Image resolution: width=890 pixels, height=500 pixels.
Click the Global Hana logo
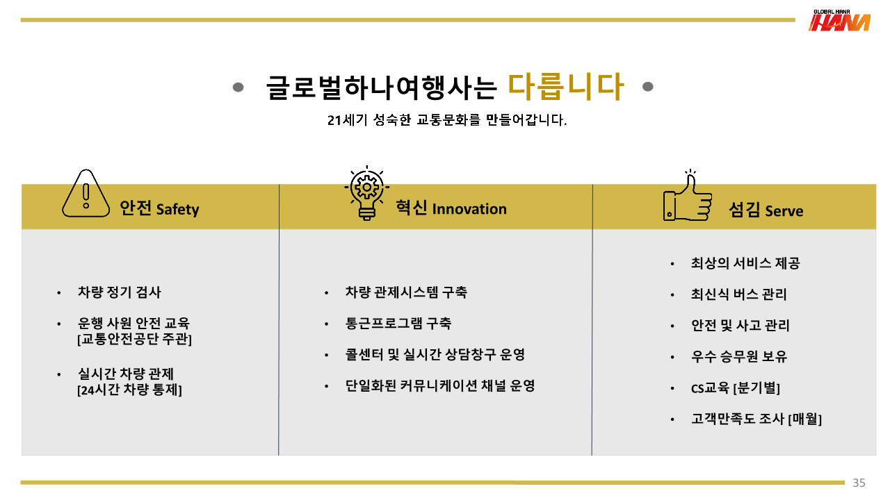coord(839,21)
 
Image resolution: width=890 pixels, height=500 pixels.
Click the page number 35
coord(859,483)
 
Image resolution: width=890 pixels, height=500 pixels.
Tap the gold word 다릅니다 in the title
coord(565,87)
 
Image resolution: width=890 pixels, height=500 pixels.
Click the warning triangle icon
coord(86,193)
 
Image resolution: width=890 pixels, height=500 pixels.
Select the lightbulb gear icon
coord(366,193)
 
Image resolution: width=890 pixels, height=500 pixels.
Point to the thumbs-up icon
coord(688,195)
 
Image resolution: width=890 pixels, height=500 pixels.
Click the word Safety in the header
coord(177,210)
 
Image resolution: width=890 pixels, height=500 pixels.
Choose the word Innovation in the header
coord(469,209)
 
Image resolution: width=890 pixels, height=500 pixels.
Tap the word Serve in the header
coord(784,210)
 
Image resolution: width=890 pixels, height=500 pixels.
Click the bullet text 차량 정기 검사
coord(119,292)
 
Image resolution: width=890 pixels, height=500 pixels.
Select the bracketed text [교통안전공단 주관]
coord(134,339)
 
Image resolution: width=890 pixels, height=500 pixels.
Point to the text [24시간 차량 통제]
coord(129,390)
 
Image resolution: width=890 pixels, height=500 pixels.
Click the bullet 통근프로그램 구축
coord(398,324)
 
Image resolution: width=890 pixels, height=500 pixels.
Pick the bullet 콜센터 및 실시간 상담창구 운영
coord(435,354)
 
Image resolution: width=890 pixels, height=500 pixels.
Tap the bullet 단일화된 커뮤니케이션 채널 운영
coord(440,385)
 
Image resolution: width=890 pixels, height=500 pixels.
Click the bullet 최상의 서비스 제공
coord(745,263)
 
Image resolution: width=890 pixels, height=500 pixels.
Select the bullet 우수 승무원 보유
coord(739,356)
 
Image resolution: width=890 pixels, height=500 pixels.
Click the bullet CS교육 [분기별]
coord(736,387)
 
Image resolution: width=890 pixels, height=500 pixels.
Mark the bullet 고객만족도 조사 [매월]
coord(756,419)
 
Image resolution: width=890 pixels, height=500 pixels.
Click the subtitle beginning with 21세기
coord(447,120)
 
